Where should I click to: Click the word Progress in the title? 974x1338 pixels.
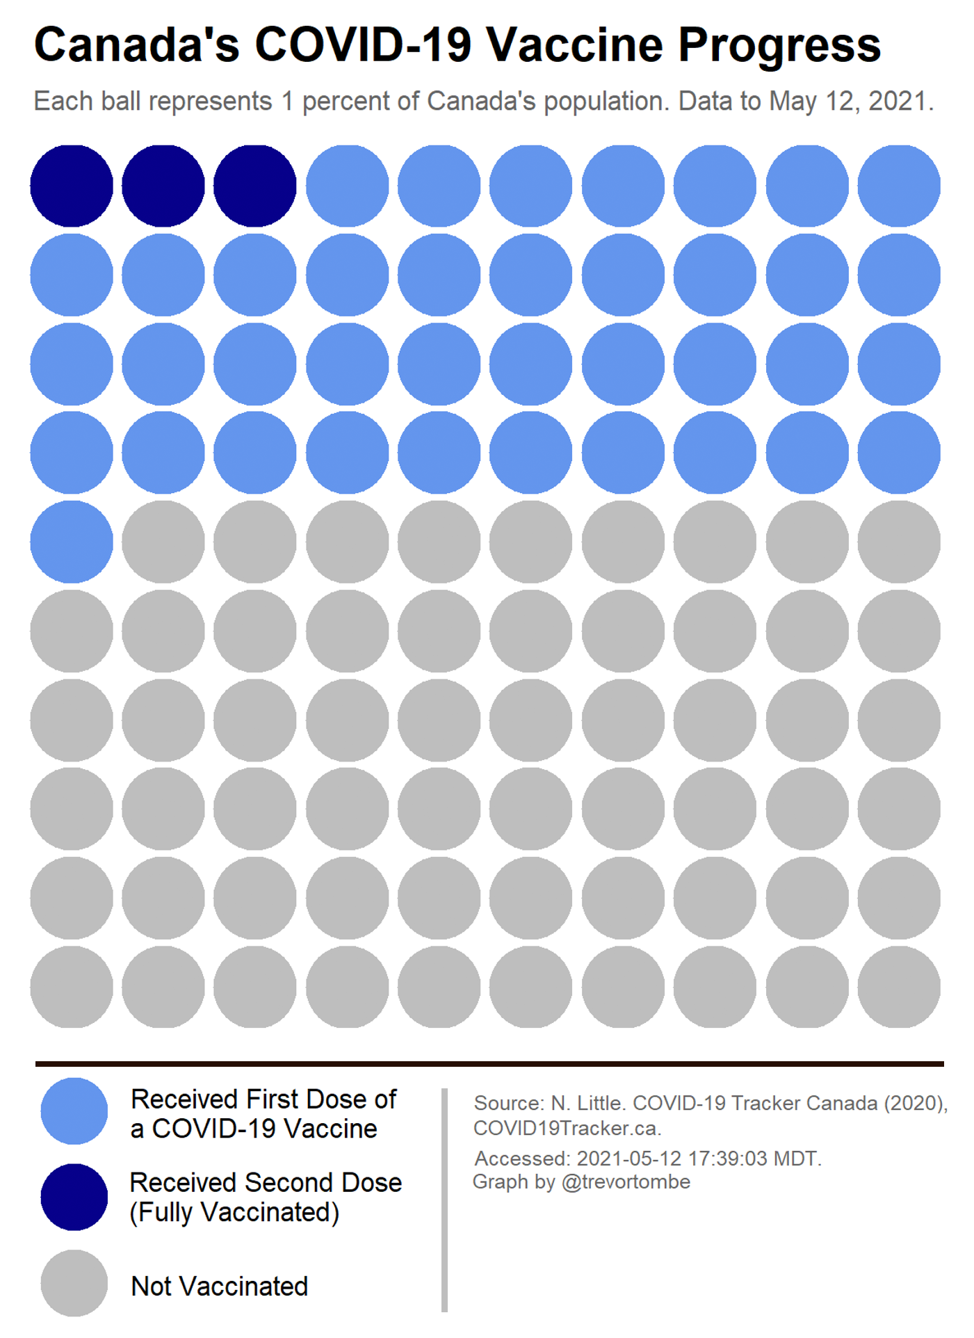[779, 46]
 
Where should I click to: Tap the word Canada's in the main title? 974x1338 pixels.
[136, 45]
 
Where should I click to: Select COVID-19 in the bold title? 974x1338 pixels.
[363, 45]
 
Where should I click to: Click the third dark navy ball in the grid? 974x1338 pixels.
[254, 186]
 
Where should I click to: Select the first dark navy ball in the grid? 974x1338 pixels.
[72, 186]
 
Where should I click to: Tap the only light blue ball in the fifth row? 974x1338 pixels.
[72, 542]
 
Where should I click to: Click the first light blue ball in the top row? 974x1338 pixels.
[347, 186]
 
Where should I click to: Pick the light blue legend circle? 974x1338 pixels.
[74, 1111]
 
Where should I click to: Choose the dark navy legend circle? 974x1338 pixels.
[74, 1197]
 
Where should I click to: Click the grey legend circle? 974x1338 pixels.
[74, 1283]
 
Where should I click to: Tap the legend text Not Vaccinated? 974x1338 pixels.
[219, 1287]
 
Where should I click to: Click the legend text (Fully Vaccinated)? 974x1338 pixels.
[234, 1212]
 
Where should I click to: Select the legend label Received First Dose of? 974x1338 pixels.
[263, 1099]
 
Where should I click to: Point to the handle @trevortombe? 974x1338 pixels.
[626, 1182]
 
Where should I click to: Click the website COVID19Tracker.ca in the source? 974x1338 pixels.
[567, 1128]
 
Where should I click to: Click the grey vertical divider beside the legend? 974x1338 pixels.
[444, 1200]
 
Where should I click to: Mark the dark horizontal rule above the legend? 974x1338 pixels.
[489, 1063]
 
